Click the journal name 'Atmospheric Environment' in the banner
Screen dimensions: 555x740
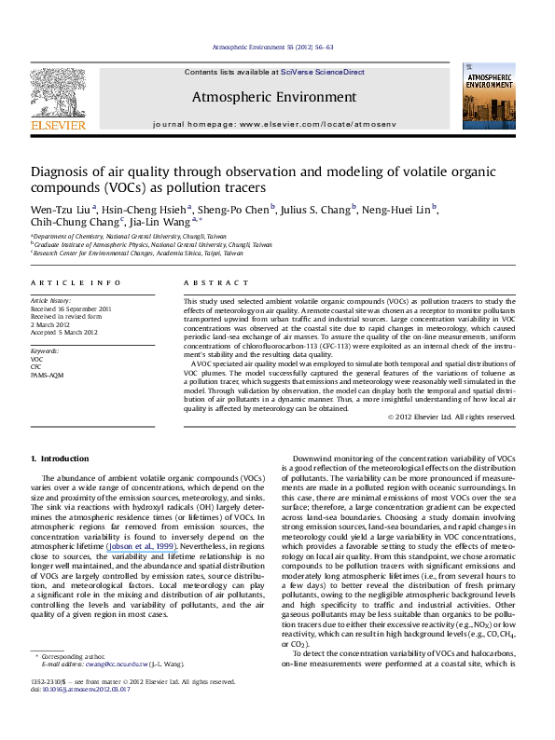pos(273,97)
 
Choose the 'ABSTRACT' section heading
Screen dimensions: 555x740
pos(210,281)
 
